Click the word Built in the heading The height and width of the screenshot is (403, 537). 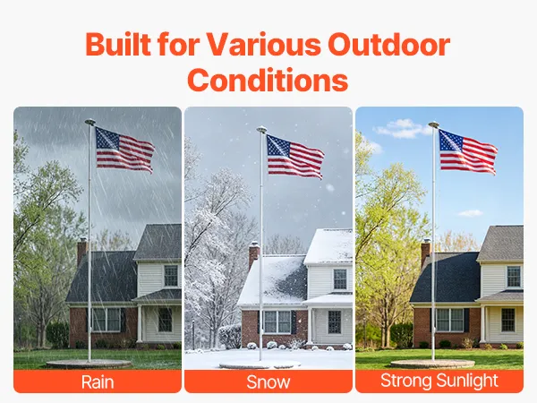(x=118, y=44)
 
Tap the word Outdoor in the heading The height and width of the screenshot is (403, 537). (x=388, y=44)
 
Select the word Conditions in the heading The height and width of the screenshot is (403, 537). (x=268, y=80)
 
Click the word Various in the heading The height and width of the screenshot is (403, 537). (x=264, y=44)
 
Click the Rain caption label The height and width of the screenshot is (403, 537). (x=98, y=382)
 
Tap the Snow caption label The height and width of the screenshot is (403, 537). (x=268, y=382)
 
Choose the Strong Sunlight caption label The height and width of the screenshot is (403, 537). (x=439, y=381)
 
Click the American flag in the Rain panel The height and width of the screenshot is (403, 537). (x=124, y=150)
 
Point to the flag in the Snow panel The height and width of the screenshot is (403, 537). (x=294, y=156)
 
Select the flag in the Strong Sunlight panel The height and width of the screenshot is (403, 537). (x=467, y=152)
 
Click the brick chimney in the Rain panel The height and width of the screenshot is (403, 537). (x=81, y=251)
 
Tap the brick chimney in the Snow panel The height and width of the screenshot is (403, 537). (x=253, y=254)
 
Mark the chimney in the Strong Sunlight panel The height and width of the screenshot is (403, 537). (x=425, y=253)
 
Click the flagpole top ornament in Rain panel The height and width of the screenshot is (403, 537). (x=90, y=121)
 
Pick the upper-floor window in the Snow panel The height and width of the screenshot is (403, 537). (x=340, y=279)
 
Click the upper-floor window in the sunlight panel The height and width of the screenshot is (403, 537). (x=514, y=276)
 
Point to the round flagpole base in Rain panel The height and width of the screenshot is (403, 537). (x=89, y=364)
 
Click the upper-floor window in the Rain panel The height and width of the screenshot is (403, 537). (x=171, y=276)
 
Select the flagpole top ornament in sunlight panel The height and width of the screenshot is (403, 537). (x=433, y=124)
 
